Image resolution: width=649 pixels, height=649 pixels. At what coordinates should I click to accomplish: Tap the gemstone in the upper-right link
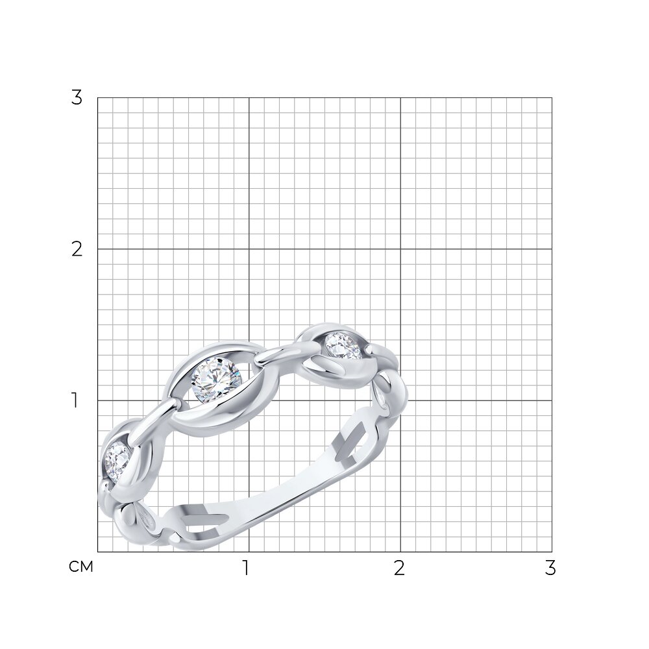pyautogui.click(x=343, y=347)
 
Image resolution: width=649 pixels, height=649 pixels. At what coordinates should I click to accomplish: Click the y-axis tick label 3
pyautogui.click(x=77, y=98)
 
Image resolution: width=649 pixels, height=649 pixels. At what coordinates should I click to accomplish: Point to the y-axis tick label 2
pyautogui.click(x=77, y=249)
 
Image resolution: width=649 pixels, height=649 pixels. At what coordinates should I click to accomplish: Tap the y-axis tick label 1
pyautogui.click(x=75, y=400)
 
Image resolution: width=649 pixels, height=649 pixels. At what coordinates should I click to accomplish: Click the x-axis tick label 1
pyautogui.click(x=246, y=568)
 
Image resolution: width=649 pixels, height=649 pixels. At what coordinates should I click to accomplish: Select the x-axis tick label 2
pyautogui.click(x=399, y=568)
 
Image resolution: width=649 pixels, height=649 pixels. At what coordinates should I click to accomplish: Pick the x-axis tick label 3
pyautogui.click(x=550, y=568)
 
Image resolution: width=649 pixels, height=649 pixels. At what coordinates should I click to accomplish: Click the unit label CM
pyautogui.click(x=81, y=567)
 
